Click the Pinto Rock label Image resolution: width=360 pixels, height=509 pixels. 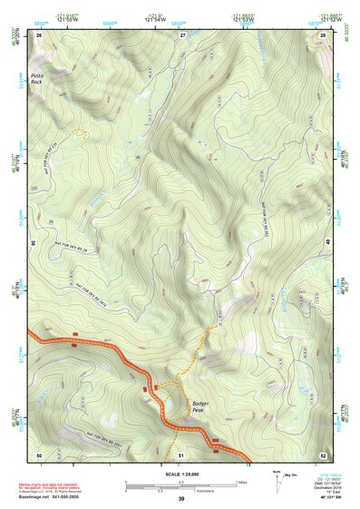(36, 78)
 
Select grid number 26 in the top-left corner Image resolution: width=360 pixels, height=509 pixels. (39, 34)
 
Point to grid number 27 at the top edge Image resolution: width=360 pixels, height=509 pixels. (181, 34)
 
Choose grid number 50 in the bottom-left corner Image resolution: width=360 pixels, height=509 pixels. (39, 454)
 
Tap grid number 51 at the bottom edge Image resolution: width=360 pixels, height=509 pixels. (181, 454)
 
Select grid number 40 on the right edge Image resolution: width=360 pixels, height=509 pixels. (329, 243)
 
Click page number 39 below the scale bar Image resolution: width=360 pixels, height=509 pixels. (181, 499)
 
